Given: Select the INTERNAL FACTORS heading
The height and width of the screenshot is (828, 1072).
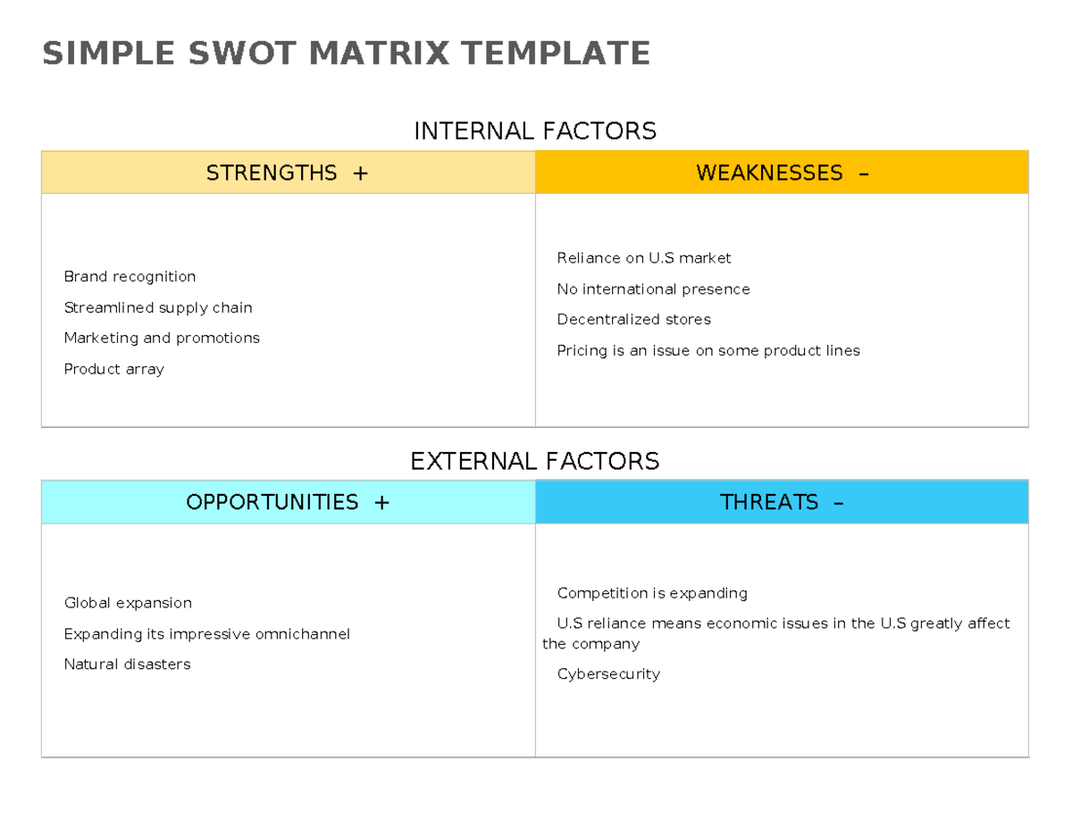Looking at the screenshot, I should (534, 131).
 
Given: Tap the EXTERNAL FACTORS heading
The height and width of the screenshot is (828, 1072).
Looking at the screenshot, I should (534, 461).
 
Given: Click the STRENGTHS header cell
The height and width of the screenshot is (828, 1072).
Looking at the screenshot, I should (288, 172).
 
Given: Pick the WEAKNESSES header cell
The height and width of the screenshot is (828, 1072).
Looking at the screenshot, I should (782, 172).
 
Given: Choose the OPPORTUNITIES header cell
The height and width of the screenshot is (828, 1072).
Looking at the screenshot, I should (288, 502).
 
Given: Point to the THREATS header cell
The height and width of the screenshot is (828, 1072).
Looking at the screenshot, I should (782, 502).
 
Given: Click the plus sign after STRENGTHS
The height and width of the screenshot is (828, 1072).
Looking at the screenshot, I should (360, 173).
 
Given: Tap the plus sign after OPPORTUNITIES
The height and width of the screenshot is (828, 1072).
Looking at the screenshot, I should (381, 503).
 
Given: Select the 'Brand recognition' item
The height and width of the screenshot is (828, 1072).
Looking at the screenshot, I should (130, 277).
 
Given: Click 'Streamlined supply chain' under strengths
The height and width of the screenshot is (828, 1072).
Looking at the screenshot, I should (158, 308).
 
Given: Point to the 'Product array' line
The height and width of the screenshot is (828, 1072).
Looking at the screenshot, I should (113, 369).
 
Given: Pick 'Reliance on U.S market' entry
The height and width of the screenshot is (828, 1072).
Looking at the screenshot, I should (643, 258).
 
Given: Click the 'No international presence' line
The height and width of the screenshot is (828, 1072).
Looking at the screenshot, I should (653, 289).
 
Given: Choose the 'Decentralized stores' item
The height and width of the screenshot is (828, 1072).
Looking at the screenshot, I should (633, 320).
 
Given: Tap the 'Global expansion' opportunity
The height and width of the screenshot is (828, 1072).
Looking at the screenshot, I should (128, 603).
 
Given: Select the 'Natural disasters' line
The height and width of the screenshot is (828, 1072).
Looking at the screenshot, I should (127, 665).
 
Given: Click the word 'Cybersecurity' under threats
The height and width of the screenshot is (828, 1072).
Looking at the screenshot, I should (608, 674).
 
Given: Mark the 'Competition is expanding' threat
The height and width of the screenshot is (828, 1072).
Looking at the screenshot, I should (652, 593).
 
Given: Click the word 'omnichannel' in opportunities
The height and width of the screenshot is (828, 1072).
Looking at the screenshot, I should (302, 634).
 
